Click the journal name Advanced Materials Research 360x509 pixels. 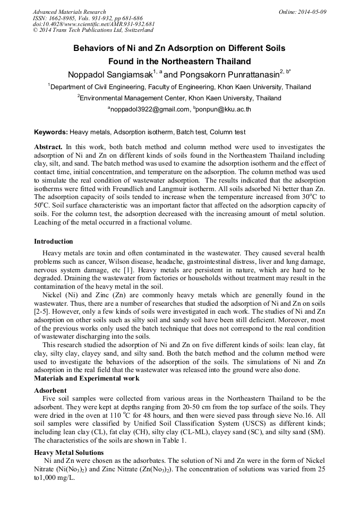69,12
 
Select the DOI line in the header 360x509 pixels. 93,24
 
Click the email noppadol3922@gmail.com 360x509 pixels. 150,109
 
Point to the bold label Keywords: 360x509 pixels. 51,132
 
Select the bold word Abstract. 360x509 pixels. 48,146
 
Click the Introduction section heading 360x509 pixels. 54,241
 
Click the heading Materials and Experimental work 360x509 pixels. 87,378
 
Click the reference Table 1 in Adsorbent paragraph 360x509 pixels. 175,441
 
